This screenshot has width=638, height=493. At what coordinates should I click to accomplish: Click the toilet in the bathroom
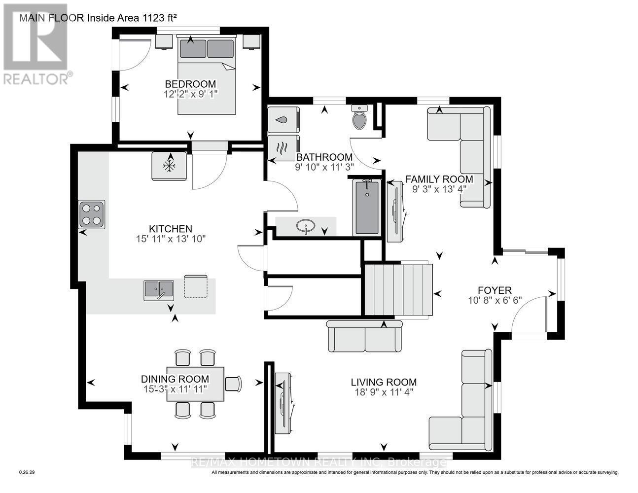(359, 117)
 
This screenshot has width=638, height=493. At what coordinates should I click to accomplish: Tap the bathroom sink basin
(306, 226)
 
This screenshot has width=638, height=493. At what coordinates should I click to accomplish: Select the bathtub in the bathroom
(367, 208)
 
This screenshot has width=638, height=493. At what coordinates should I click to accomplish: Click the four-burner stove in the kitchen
(92, 214)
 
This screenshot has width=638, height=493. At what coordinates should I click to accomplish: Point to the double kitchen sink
(159, 290)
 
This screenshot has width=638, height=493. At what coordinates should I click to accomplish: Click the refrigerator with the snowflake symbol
(169, 166)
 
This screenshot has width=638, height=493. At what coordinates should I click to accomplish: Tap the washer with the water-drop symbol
(284, 120)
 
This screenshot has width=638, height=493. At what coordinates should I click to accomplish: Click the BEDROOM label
(190, 84)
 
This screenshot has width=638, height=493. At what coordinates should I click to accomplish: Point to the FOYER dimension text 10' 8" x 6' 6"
(495, 300)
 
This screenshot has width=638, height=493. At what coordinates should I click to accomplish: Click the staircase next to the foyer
(399, 290)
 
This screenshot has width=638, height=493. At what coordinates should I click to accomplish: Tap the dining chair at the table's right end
(233, 384)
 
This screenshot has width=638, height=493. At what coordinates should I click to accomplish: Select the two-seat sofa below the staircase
(365, 336)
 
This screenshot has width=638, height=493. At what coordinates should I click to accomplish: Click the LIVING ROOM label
(384, 382)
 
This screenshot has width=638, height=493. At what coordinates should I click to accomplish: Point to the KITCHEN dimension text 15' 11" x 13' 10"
(171, 239)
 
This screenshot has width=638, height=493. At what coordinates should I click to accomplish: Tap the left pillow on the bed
(193, 48)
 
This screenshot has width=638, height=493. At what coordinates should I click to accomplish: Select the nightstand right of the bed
(251, 42)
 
